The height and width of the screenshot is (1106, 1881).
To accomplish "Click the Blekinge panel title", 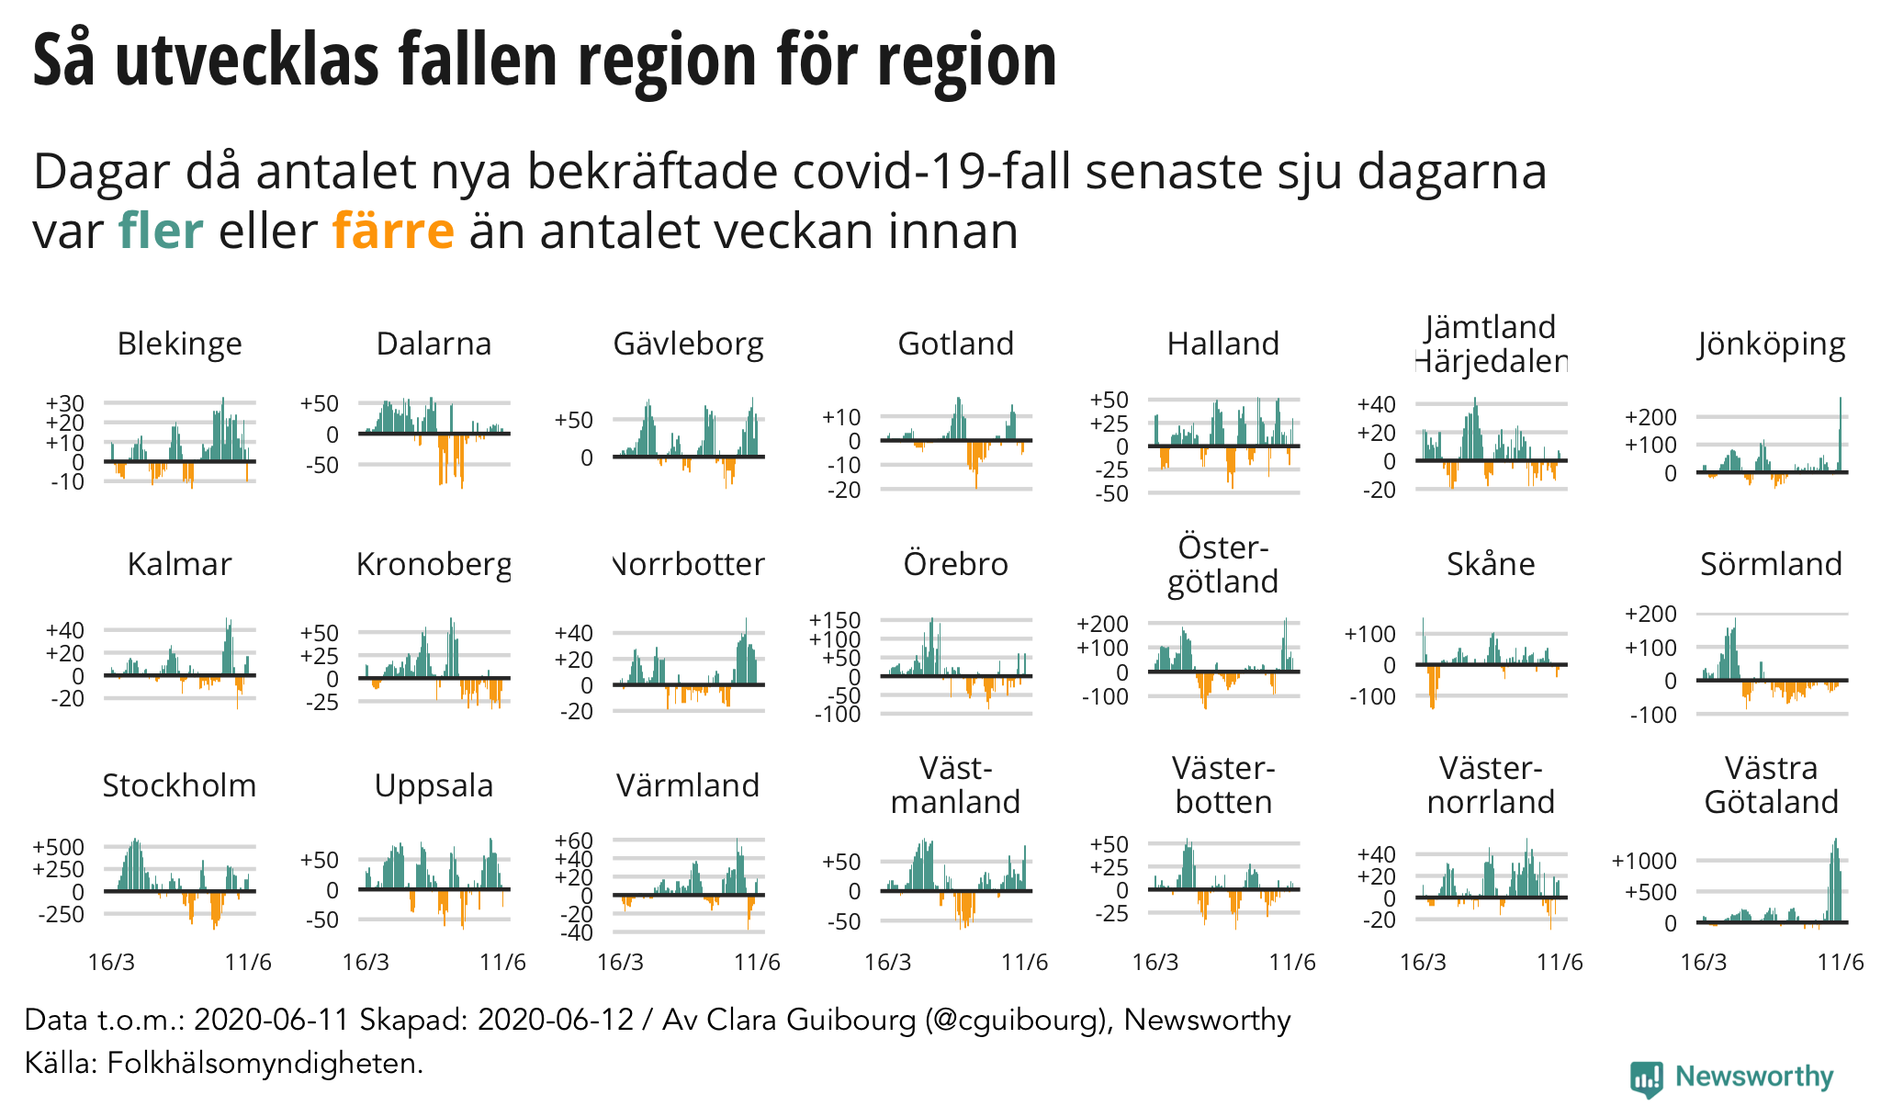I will coord(179,344).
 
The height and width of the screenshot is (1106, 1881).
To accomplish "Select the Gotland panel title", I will coord(955,344).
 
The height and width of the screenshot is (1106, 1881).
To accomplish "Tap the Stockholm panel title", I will coord(179,785).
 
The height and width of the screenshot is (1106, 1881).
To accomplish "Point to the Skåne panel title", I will coord(1491,564).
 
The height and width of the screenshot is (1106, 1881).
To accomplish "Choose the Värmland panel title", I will coord(688,785).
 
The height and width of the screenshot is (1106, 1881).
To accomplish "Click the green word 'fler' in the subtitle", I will coord(161,231).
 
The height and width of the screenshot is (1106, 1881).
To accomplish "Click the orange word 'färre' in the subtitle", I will coord(393,231).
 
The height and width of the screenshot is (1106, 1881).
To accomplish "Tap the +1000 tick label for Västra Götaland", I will coord(1644,861).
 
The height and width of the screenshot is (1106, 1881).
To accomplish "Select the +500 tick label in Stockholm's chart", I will coord(59,847).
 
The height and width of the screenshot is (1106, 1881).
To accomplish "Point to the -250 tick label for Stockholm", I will coord(61,914).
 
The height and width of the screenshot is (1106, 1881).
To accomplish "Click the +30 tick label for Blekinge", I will coord(65,403).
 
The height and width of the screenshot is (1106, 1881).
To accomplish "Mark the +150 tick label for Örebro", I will coord(835,620).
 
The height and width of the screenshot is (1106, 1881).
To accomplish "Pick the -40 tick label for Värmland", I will coord(575,932).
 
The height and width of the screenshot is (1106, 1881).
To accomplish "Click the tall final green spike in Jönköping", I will coord(1841,432).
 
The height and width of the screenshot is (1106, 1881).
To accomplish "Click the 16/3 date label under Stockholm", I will coord(111,962).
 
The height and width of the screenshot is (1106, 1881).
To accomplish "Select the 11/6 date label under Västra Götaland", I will coord(1842,962).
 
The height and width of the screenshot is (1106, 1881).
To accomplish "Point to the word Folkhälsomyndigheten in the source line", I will coord(265,1063).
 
